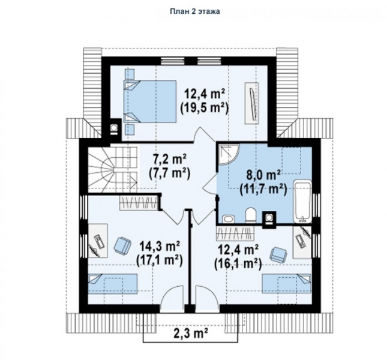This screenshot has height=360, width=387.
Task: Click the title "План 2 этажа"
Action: point(195,11)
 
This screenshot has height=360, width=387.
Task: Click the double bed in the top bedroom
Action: point(150,101)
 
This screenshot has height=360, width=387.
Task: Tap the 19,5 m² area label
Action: point(204,109)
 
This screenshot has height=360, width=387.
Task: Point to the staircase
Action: point(113,168)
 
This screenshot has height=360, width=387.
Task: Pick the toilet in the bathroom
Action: point(251,215)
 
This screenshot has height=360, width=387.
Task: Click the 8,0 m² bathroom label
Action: point(263,175)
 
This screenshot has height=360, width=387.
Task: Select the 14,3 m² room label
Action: point(160,246)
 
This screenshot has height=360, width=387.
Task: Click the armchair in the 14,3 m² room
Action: point(122,245)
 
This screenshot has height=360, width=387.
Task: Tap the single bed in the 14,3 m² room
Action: point(113,283)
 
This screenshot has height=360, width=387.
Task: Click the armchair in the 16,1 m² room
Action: point(279,255)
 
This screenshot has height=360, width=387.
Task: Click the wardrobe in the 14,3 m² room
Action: point(139,203)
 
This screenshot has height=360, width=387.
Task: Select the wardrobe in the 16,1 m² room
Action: point(235,233)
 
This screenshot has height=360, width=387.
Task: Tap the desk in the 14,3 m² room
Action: point(98,241)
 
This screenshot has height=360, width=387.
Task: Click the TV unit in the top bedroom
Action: point(252,103)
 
